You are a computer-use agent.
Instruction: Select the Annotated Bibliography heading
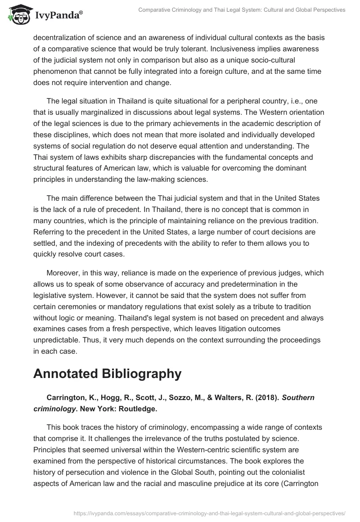click(107, 373)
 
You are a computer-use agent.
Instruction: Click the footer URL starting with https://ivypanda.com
click(210, 513)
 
